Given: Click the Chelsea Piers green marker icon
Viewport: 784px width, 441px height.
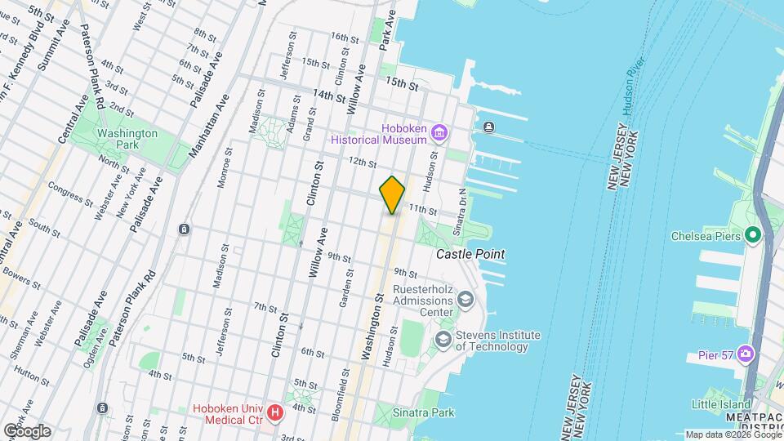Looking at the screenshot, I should [x=752, y=237].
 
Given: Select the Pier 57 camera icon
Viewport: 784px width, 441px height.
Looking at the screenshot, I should [x=745, y=354].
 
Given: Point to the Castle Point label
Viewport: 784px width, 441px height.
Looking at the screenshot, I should [x=470, y=255].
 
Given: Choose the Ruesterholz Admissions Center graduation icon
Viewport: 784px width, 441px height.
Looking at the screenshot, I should [x=465, y=301].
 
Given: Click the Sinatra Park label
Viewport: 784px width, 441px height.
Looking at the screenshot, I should [x=422, y=412].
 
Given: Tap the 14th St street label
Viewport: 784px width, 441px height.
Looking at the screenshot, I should [x=330, y=96].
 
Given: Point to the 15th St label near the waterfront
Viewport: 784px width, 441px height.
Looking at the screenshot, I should [x=402, y=83].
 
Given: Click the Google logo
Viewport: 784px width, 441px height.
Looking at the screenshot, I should [x=27, y=430].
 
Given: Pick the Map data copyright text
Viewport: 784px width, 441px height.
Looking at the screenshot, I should [x=733, y=434].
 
